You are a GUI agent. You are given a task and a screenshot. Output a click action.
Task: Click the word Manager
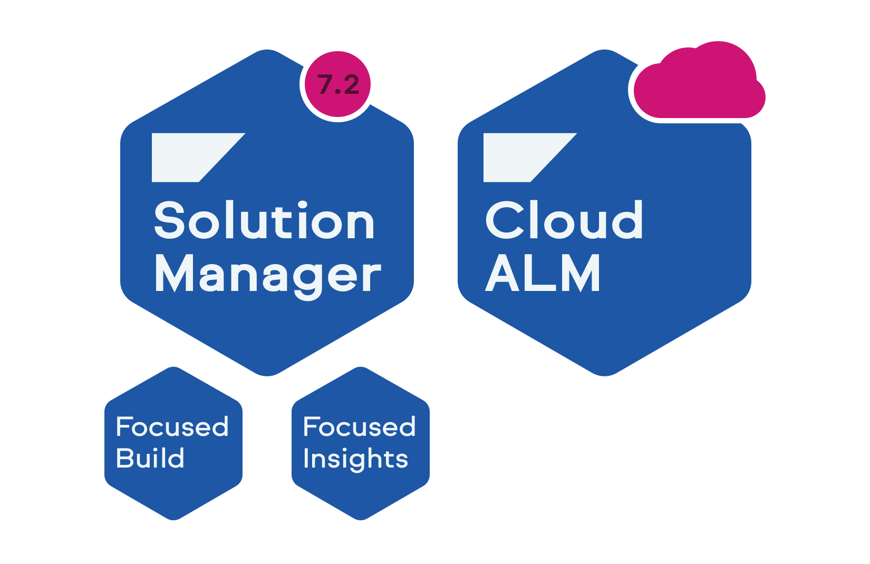tap(267, 275)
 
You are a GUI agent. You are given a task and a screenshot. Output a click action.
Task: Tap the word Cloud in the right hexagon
tap(564, 220)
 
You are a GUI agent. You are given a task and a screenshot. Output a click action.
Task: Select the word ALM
tap(543, 273)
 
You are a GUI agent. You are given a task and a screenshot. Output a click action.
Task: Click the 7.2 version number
tap(338, 85)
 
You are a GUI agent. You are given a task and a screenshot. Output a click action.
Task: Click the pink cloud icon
tap(699, 84)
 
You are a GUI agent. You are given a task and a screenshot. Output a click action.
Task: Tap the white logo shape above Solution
tap(190, 157)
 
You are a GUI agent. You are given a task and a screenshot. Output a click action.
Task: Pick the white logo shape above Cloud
tap(522, 157)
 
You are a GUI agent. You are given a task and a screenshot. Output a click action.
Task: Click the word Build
tap(150, 458)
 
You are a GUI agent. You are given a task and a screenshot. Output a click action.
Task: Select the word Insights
tap(355, 459)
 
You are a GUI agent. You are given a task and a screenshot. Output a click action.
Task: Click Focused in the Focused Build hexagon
tap(172, 426)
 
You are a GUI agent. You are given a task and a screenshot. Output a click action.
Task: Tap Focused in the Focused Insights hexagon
tap(359, 426)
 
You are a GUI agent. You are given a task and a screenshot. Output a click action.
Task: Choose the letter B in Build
tap(124, 458)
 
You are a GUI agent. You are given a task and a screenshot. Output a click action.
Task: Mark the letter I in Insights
tap(306, 458)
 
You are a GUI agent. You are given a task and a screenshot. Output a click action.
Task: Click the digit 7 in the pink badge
tap(325, 85)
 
